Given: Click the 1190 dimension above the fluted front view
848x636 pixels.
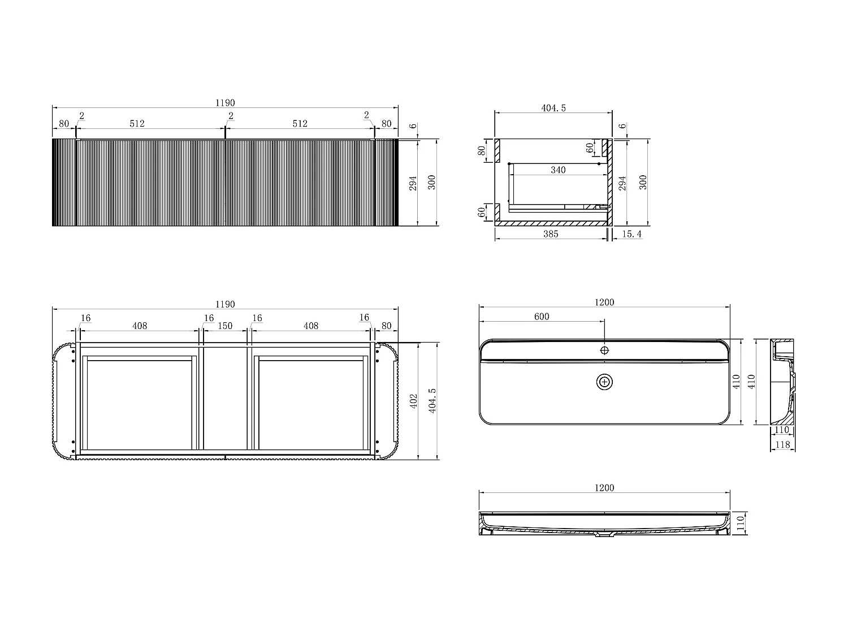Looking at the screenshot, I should [224, 103].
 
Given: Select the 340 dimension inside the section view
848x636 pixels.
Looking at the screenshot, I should [558, 170].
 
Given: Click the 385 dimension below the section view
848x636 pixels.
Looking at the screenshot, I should [550, 233].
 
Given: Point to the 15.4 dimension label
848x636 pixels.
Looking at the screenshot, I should [631, 233].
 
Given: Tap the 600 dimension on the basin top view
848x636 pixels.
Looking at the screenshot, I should [542, 317].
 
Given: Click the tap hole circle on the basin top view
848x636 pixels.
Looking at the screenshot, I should [604, 350].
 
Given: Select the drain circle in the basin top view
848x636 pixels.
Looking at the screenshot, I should [604, 382].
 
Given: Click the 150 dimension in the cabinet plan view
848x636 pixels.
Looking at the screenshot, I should [225, 326].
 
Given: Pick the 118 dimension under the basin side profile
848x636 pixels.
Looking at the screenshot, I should [782, 445].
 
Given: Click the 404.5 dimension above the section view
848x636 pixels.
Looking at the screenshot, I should [553, 108].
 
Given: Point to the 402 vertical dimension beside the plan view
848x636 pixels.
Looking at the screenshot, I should [414, 401].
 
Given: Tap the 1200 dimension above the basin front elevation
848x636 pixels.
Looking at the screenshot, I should [604, 488].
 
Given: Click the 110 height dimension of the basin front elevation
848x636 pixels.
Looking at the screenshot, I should [739, 523].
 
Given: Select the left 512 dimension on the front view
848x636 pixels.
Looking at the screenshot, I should [137, 123].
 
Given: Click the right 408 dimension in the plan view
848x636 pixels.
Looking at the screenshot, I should [311, 326].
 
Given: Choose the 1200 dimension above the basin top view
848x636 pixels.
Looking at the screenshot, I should [604, 302].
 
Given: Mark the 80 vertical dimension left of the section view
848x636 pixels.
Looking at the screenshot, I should [482, 151].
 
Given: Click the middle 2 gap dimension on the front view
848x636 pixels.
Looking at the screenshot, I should [231, 116].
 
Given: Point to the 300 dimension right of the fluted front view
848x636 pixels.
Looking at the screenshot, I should [432, 182].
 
